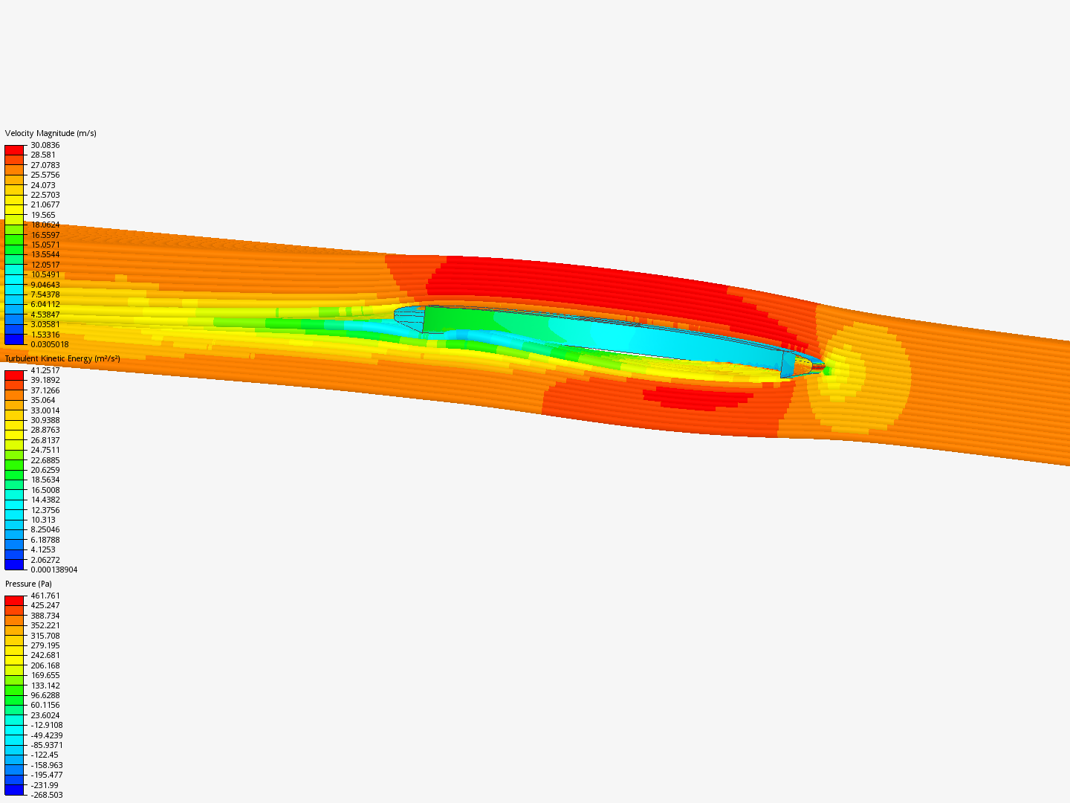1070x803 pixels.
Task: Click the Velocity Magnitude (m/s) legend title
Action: tap(51, 133)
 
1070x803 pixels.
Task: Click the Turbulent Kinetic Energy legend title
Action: tap(62, 358)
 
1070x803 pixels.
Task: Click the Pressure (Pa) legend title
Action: tap(28, 584)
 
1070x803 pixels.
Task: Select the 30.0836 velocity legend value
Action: tap(45, 145)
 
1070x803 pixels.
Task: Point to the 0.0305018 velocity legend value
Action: tap(49, 344)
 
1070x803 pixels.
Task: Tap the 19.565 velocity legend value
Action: tap(43, 215)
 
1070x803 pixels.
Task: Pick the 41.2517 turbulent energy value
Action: tap(45, 370)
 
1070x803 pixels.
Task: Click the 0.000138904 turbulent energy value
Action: tap(53, 570)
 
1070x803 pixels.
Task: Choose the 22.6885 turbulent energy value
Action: tap(45, 460)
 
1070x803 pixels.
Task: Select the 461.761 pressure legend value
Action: tap(45, 596)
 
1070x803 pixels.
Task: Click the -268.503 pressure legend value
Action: tap(46, 795)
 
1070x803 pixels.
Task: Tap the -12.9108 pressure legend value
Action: tap(46, 725)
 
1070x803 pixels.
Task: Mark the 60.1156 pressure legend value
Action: tap(45, 705)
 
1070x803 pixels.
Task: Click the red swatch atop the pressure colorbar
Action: tap(14, 600)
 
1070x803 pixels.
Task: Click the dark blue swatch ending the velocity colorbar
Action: tap(14, 339)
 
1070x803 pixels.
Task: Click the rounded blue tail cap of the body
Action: tap(408, 317)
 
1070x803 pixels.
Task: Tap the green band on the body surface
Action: tap(453, 320)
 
